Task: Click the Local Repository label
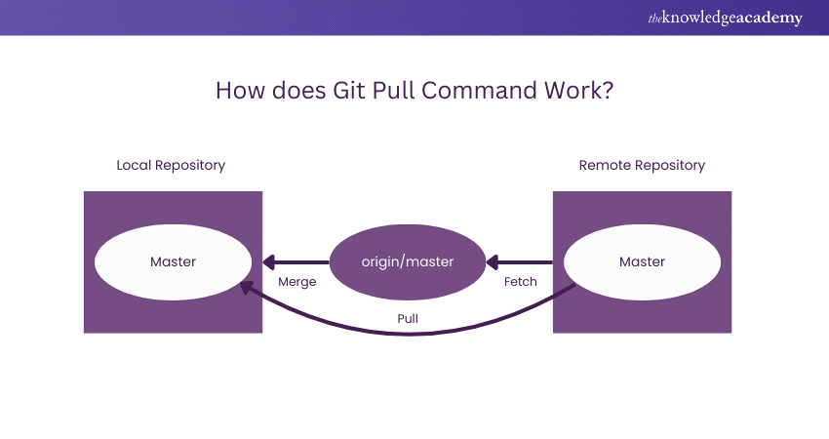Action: pyautogui.click(x=171, y=165)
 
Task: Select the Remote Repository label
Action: pyautogui.click(x=642, y=165)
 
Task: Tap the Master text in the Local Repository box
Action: pyautogui.click(x=173, y=261)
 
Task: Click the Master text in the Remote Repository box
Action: pyautogui.click(x=642, y=261)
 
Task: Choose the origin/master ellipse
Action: pyautogui.click(x=408, y=261)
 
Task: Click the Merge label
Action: pyautogui.click(x=296, y=282)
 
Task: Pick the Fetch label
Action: pyautogui.click(x=520, y=282)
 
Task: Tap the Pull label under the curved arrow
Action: pyautogui.click(x=408, y=318)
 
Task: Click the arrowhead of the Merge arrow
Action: pyautogui.click(x=268, y=261)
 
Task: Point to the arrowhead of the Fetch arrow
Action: pyautogui.click(x=493, y=261)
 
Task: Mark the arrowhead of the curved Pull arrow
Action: pyautogui.click(x=243, y=287)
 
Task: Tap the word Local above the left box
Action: pyautogui.click(x=135, y=165)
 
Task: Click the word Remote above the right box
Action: pyautogui.click(x=605, y=165)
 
